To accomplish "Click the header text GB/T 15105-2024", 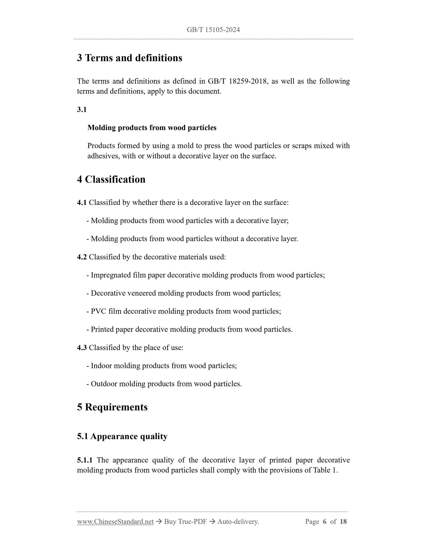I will click(213, 30).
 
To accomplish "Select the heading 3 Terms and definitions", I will click(129, 58).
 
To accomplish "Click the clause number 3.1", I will click(82, 109).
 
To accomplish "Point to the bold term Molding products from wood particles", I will click(152, 128).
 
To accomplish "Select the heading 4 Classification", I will click(111, 180).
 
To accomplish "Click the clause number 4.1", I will click(82, 203).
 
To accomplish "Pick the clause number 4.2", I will click(82, 257).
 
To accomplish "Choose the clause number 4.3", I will click(82, 347).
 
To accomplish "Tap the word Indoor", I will click(101, 366).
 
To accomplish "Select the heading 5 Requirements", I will click(112, 407).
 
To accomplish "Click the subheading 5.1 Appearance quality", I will click(122, 436).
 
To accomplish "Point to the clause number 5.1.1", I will click(85, 460).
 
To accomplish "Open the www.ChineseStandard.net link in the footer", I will click(115, 522).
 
